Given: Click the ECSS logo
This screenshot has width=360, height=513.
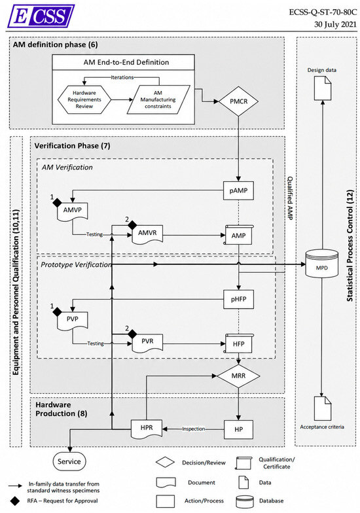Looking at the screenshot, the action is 41,16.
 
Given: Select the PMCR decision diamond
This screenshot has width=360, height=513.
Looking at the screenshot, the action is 238,101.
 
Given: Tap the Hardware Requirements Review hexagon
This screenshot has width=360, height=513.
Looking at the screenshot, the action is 84,99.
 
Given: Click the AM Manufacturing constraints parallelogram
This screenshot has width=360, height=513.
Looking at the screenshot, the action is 158,99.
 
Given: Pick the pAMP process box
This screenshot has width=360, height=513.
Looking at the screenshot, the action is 238,190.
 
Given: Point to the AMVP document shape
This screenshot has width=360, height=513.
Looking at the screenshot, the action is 72,211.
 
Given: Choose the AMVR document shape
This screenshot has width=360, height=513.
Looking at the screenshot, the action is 147,234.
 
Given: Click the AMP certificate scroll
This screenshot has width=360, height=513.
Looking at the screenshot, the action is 238,235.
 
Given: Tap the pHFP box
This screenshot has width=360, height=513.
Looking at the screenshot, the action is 238,299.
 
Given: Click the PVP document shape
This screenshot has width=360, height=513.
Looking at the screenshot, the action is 72,321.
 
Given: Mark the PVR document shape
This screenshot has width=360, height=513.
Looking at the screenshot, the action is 147,343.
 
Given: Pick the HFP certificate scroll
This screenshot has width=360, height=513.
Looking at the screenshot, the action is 238,344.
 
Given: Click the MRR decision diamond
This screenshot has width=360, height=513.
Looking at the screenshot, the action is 238,376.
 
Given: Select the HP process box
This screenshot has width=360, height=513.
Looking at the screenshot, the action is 238,429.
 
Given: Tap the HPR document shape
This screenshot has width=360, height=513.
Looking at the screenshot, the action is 147,429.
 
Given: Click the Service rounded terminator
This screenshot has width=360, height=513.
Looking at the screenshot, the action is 69,461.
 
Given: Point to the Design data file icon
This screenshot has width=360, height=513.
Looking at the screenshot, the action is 322,88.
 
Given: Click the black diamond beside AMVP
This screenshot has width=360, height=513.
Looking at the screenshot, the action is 58,203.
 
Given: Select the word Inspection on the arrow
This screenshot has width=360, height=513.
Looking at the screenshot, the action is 194,429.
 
